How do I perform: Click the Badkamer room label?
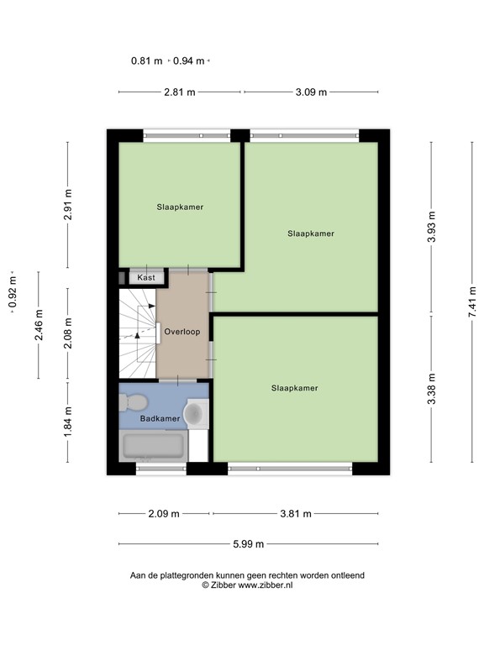(x=160, y=417)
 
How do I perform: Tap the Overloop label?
(x=181, y=332)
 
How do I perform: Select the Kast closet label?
(x=146, y=277)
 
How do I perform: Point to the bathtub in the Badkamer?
(x=154, y=446)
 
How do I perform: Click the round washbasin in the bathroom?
(x=195, y=412)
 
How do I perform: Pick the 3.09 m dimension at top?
(x=310, y=92)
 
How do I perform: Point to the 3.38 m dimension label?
(x=432, y=388)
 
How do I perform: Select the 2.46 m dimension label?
(x=39, y=325)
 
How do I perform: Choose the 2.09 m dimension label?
(x=165, y=514)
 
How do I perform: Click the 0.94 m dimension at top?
(x=189, y=60)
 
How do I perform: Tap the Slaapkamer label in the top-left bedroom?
(x=180, y=206)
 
